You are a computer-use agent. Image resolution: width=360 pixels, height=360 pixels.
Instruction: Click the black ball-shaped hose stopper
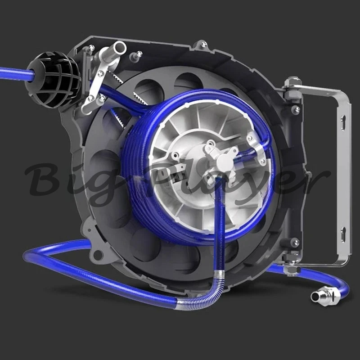click(52, 81)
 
